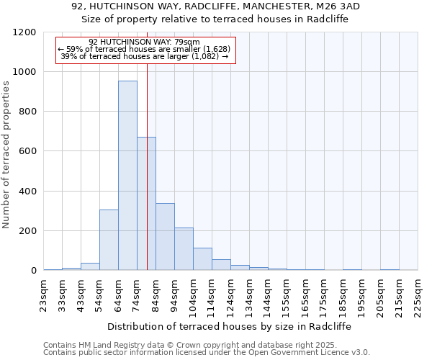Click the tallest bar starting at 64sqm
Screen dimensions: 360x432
[x=127, y=176]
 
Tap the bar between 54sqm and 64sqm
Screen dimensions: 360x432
[x=109, y=240]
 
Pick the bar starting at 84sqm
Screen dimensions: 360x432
[x=165, y=237]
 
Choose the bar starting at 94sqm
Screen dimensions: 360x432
[x=184, y=249]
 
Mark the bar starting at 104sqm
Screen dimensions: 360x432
[x=202, y=259]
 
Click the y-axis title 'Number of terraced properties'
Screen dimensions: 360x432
[x=6, y=155]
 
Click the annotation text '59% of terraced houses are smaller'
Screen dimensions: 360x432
[x=145, y=49]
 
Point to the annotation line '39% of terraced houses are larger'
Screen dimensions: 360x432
[x=145, y=56]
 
